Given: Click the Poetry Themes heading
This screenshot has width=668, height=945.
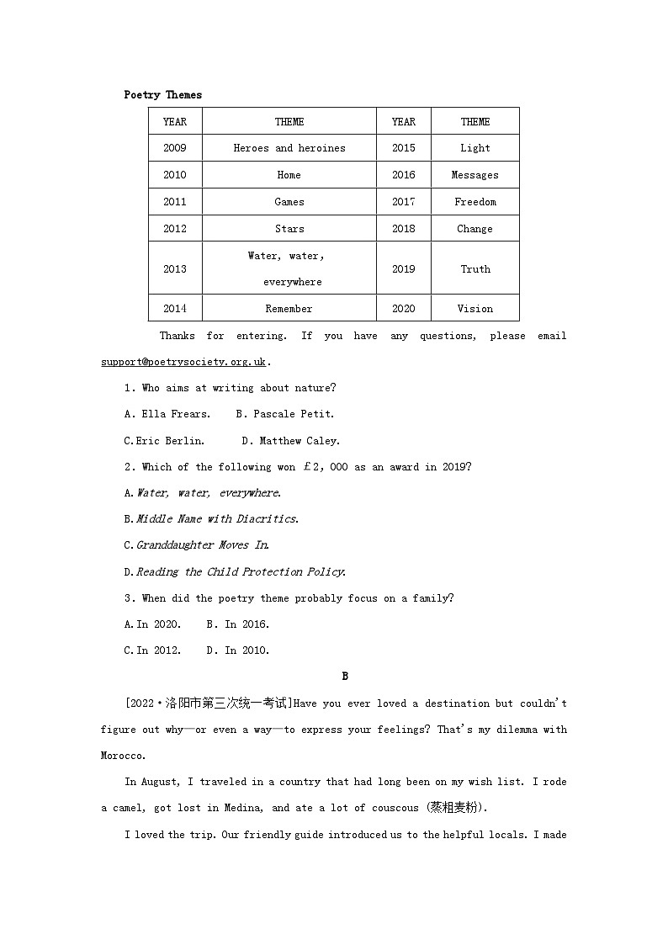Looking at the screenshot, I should [162, 95].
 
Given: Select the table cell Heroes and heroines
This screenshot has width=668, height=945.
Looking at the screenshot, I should [289, 148].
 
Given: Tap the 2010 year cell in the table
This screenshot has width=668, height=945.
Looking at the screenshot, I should [175, 175].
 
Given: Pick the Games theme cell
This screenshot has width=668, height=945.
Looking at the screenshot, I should [289, 202].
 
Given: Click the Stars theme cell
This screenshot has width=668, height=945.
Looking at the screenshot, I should [289, 229].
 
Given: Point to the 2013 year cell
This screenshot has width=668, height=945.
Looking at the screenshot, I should [175, 269].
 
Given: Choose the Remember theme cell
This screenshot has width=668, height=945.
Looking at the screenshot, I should [289, 309].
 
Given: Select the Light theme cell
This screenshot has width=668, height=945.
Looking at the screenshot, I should [474, 148].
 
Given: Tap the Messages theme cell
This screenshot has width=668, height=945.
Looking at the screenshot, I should [474, 175].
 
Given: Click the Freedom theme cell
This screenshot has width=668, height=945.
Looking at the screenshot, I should [474, 202].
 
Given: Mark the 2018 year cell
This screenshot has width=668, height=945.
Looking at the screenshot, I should [403, 229].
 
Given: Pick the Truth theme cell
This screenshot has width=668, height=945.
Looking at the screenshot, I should [474, 269].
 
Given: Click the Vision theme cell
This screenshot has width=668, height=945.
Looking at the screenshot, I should [474, 309].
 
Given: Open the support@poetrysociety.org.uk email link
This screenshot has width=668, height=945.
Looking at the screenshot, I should [183, 362].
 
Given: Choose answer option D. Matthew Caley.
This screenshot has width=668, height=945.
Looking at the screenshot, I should [290, 440].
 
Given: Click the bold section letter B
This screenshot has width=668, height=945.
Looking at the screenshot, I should [345, 677].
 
